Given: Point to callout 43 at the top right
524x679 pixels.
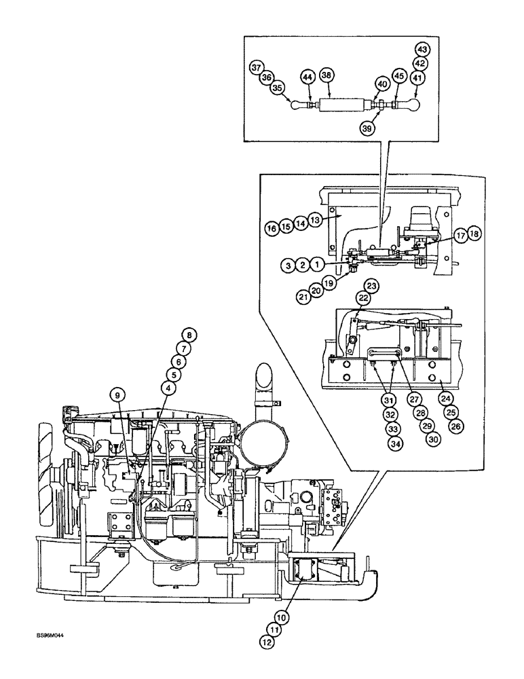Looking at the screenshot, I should pyautogui.click(x=422, y=50).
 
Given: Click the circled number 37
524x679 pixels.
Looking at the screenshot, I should pyautogui.click(x=256, y=67).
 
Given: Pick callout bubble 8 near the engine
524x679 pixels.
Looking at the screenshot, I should pyautogui.click(x=189, y=334).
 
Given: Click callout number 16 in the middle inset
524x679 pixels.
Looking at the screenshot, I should pyautogui.click(x=272, y=229).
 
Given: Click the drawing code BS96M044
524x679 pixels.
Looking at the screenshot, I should pyautogui.click(x=52, y=636).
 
